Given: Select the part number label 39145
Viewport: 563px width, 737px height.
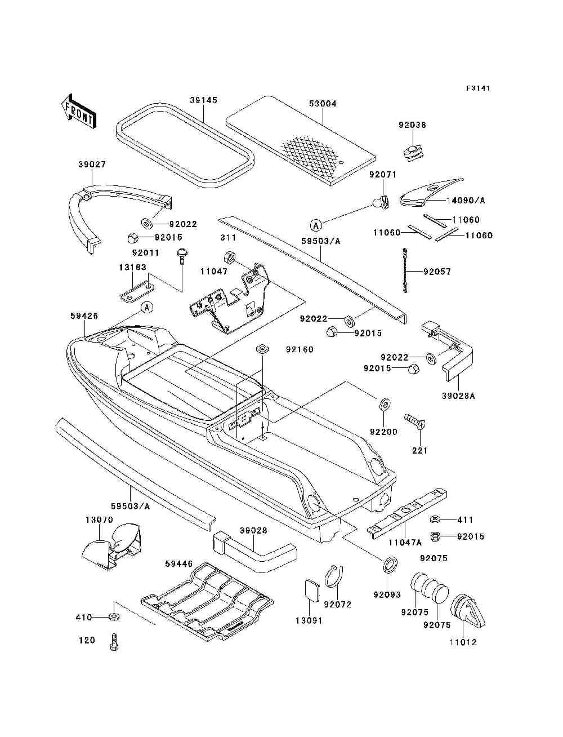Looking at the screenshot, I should [x=203, y=100].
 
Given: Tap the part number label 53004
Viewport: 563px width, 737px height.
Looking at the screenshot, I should [x=323, y=104].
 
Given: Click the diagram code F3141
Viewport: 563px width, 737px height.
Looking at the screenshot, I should [x=478, y=88].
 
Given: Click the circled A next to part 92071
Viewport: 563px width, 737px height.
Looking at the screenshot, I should [x=316, y=225].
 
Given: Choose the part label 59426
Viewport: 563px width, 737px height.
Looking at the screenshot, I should [x=84, y=316].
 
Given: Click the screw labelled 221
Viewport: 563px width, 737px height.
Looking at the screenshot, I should [x=414, y=421].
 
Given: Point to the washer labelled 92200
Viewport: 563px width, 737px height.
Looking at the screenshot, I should [x=385, y=404].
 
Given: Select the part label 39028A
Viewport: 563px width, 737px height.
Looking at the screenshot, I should [x=459, y=396].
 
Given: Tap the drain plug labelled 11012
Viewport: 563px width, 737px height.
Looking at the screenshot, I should [x=468, y=613].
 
